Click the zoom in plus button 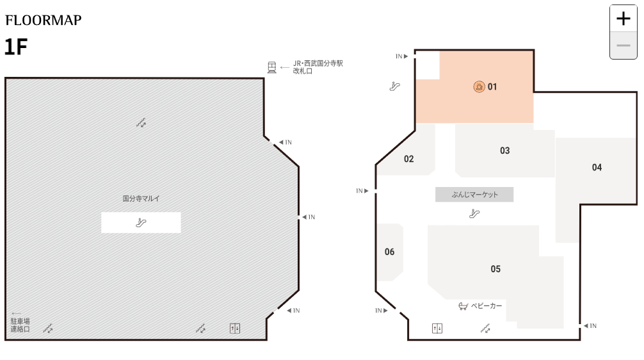pyautogui.click(x=623, y=19)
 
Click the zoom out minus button pyautogui.click(x=623, y=45)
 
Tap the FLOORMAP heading pyautogui.click(x=44, y=20)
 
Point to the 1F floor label pyautogui.click(x=16, y=47)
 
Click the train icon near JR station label pyautogui.click(x=272, y=67)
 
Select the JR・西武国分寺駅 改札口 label pyautogui.click(x=318, y=67)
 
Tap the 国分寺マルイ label pyautogui.click(x=141, y=199)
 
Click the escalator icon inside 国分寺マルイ pyautogui.click(x=141, y=223)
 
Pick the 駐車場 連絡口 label pyautogui.click(x=20, y=325)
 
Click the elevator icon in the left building pyautogui.click(x=235, y=329)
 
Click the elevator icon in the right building pyautogui.click(x=437, y=329)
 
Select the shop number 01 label pyautogui.click(x=492, y=86)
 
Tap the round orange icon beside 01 pyautogui.click(x=479, y=86)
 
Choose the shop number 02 pyautogui.click(x=409, y=159)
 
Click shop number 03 pyautogui.click(x=505, y=151)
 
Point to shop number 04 pyautogui.click(x=597, y=167)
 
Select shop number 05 pyautogui.click(x=495, y=268)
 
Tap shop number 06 pyautogui.click(x=390, y=252)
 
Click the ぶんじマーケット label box pyautogui.click(x=474, y=195)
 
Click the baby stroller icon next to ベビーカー pyautogui.click(x=463, y=306)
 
